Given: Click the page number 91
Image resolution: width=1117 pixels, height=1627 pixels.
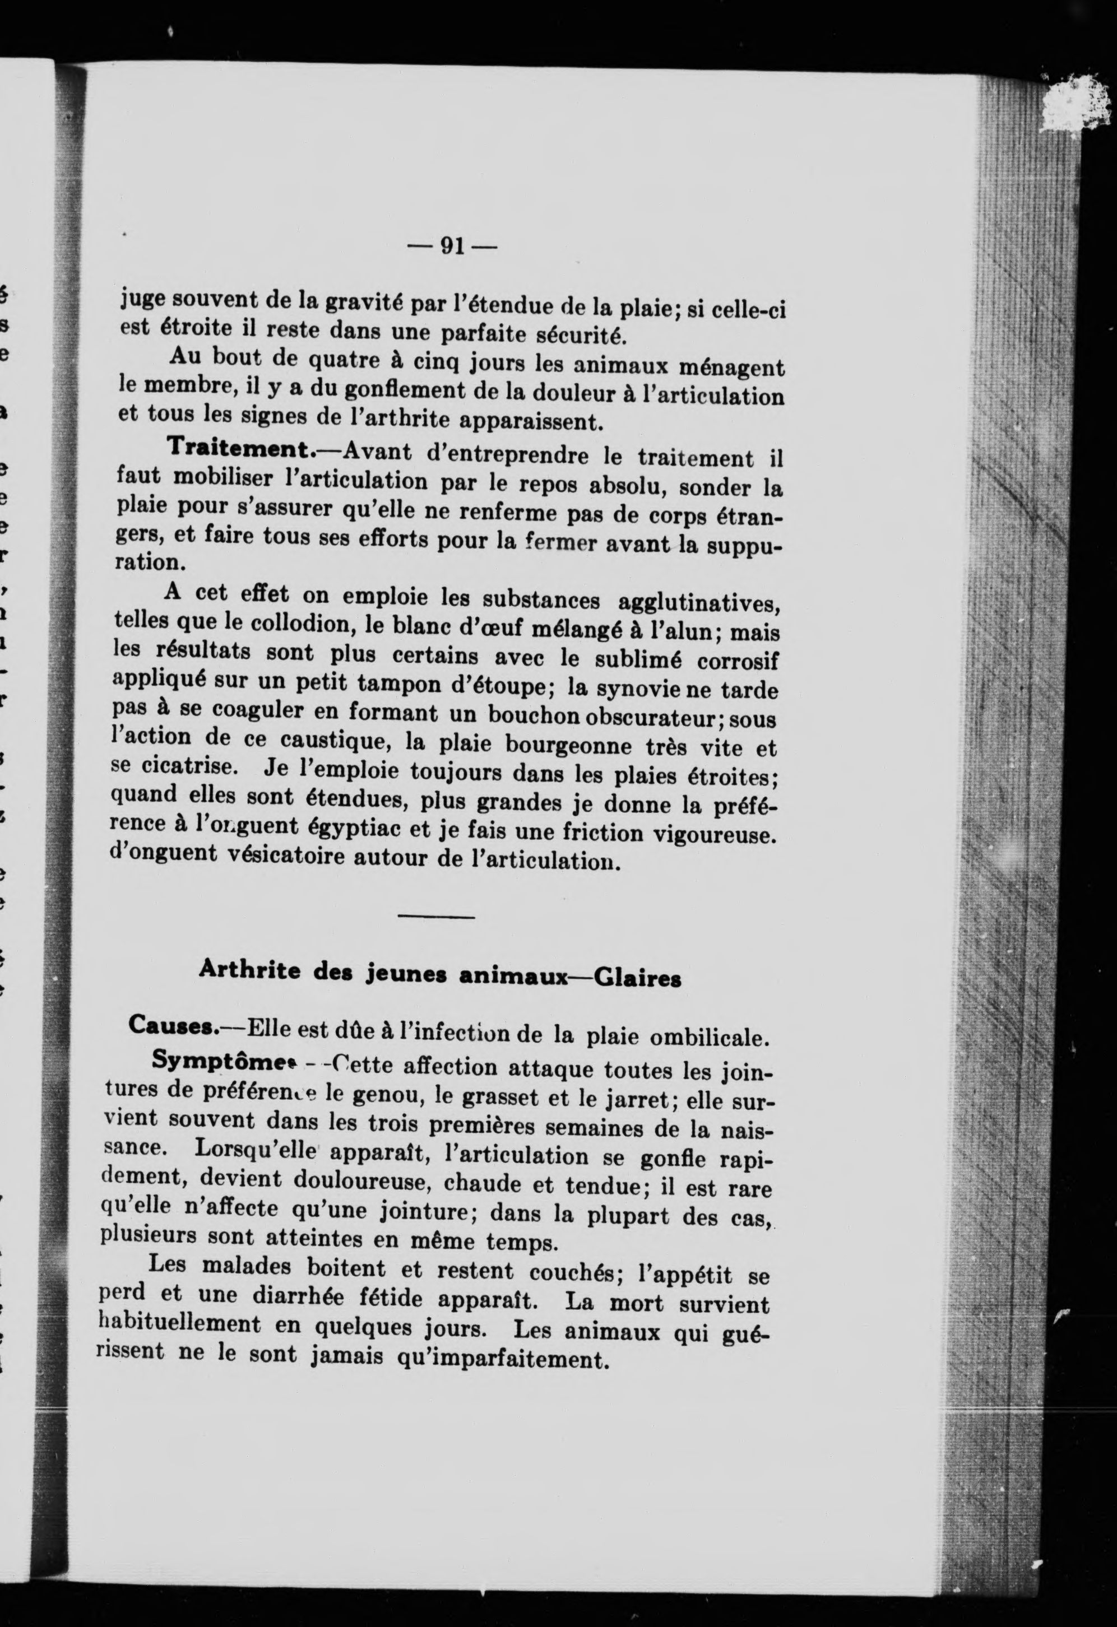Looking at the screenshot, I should coord(452,246).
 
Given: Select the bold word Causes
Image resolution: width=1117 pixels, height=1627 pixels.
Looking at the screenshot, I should coord(172,1025).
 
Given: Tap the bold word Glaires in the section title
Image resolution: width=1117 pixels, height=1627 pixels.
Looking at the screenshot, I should coord(637,979).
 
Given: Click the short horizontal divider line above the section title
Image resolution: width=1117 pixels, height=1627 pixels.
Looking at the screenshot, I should coord(435,917).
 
